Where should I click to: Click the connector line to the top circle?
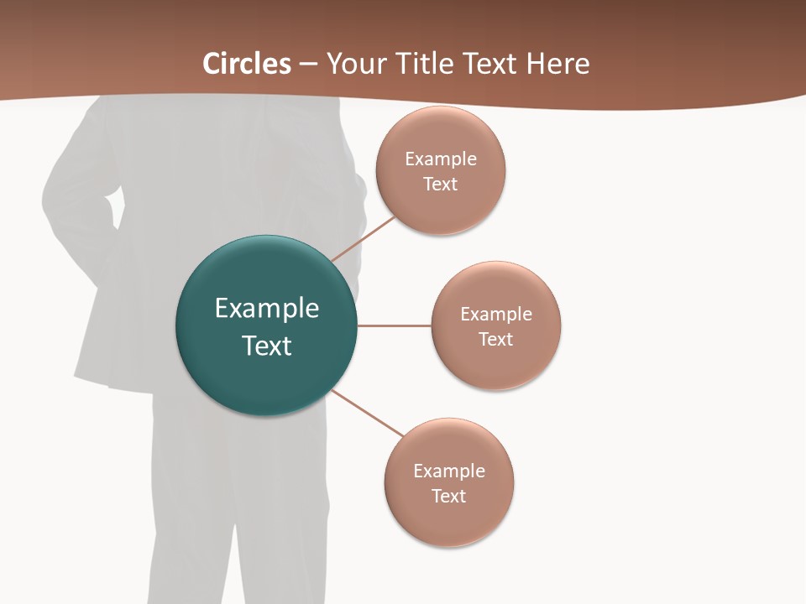click(x=364, y=239)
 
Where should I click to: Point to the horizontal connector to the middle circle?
click(x=394, y=325)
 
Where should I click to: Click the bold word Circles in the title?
click(x=247, y=64)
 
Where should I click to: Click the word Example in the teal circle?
click(x=267, y=309)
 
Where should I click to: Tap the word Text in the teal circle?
click(x=267, y=346)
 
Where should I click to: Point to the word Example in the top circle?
click(x=441, y=159)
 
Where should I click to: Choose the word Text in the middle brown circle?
click(x=496, y=340)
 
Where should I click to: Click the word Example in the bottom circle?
click(x=449, y=471)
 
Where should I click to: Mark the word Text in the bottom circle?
click(x=449, y=497)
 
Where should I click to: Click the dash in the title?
click(x=308, y=64)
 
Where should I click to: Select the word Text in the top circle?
click(x=441, y=185)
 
